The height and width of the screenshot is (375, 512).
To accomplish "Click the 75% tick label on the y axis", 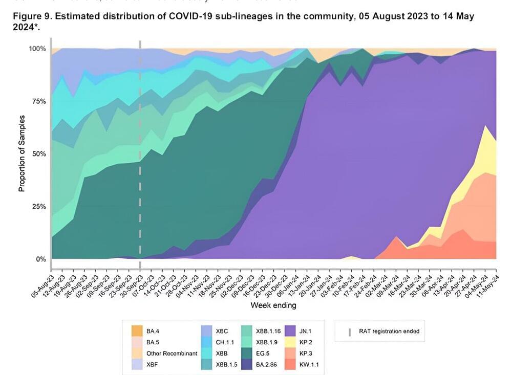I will (x=39, y=101).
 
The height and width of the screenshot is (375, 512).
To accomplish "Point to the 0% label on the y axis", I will (x=41, y=259).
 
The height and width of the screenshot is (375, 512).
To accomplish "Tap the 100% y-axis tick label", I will (x=37, y=49).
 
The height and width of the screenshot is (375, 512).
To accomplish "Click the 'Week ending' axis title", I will (x=273, y=305).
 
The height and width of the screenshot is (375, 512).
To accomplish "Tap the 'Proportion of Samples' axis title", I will (x=22, y=154).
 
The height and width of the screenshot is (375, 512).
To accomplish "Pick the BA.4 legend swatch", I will (x=137, y=331).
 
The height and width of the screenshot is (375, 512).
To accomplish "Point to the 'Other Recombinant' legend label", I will (x=172, y=353).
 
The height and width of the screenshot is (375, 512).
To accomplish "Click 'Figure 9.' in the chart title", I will (x=31, y=16).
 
